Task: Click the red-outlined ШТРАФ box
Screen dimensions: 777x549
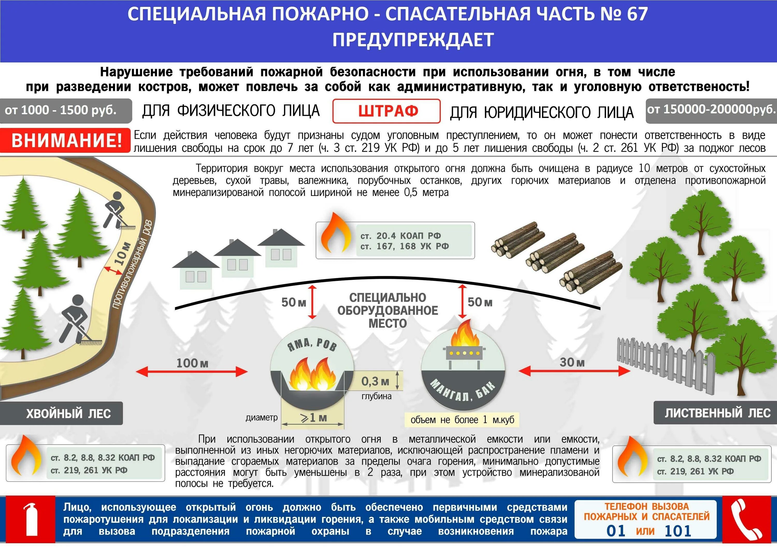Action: (386, 111)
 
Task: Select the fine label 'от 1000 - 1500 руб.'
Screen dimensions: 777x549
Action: (61, 110)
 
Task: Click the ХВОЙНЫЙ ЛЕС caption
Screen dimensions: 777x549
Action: (68, 413)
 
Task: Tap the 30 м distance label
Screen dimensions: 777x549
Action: (572, 362)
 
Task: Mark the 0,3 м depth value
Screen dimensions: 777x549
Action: (375, 382)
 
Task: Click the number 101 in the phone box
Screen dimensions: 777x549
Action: (678, 531)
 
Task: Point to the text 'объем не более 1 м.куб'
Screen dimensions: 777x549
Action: (462, 420)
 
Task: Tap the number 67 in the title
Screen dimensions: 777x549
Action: (637, 14)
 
